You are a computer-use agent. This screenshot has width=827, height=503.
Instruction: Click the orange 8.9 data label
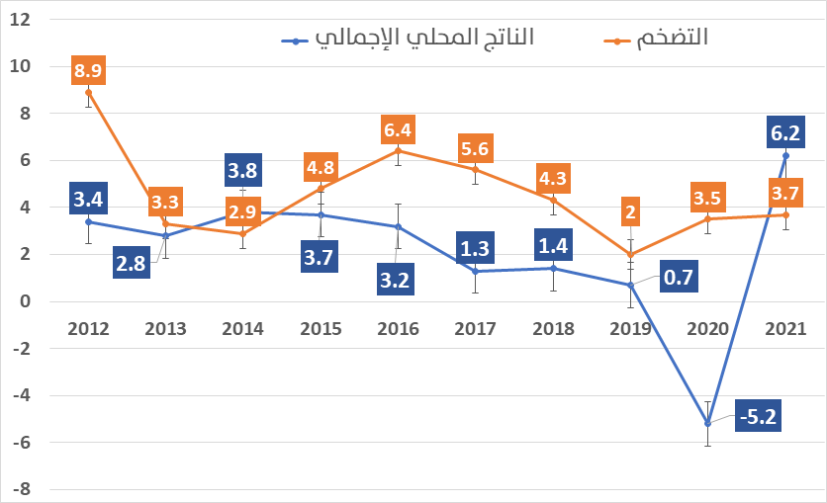(88, 71)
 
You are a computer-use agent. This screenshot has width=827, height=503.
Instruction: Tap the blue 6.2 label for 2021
(784, 131)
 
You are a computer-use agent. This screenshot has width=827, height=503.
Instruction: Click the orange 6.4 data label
(398, 129)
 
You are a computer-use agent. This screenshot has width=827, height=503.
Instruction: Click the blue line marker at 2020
(707, 423)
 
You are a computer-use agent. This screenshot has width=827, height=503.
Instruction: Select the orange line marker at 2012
(88, 92)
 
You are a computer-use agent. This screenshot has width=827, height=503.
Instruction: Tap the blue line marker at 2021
(785, 155)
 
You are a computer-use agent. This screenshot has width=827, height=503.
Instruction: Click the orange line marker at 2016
(398, 150)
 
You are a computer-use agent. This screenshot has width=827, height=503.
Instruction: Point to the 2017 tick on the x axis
(476, 329)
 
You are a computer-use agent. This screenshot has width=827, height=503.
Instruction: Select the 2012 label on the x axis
(88, 329)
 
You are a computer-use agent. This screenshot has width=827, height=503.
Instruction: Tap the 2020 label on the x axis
(708, 329)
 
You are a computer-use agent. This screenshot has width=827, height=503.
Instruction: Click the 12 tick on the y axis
(21, 20)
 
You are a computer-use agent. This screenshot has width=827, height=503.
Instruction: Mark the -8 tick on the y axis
(21, 489)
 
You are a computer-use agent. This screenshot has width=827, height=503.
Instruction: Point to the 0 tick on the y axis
(26, 301)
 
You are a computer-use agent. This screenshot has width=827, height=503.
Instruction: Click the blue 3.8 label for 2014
(242, 171)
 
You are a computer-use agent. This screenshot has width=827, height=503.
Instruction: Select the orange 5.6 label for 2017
(476, 148)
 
